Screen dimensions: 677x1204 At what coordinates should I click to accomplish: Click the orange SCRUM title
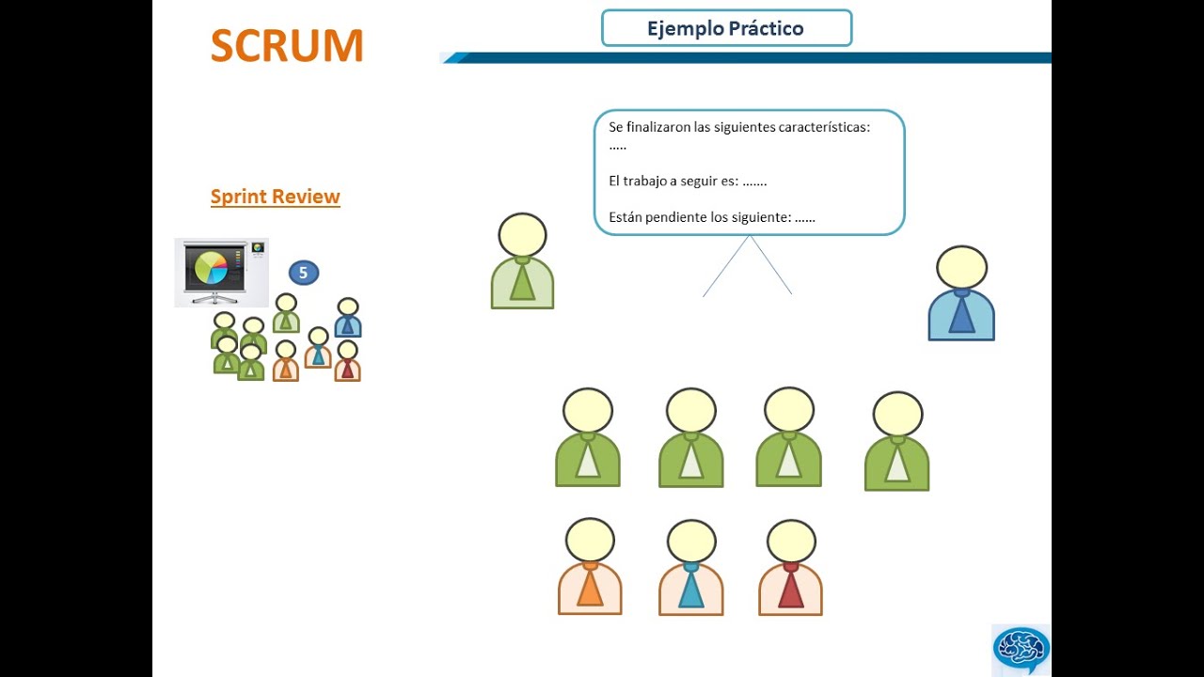[x=287, y=46]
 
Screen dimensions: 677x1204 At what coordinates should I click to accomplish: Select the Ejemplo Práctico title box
[x=726, y=28]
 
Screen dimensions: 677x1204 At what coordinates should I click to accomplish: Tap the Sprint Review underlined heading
[x=275, y=197]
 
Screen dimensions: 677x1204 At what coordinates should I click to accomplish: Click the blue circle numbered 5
[x=303, y=273]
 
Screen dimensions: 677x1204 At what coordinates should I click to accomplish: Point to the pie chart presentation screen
[x=220, y=271]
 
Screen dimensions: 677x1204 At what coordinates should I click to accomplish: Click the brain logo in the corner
[x=1021, y=648]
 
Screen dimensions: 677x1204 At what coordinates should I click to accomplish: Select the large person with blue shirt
[x=961, y=296]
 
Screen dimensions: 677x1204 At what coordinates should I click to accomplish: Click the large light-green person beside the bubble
[x=522, y=263]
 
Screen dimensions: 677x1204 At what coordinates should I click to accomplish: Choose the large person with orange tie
[x=590, y=569]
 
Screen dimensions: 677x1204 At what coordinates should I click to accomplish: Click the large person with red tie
[x=790, y=569]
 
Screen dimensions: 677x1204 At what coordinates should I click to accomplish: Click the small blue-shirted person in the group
[x=348, y=319]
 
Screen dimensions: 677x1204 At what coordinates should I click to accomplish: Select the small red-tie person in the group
[x=347, y=361]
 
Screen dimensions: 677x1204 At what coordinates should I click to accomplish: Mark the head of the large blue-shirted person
[x=961, y=267]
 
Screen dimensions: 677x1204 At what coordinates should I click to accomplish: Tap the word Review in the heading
[x=307, y=197]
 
